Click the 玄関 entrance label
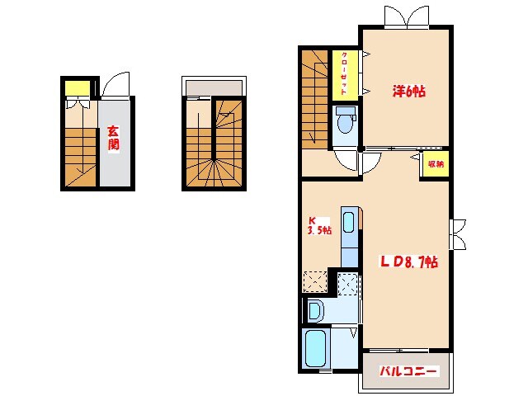pos(114,138)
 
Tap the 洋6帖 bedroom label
pos(408,92)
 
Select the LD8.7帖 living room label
pos(409,262)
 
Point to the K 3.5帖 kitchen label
pos(319,225)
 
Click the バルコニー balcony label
pos(408,371)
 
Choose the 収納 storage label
pos(436,164)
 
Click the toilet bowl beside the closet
pos(345,120)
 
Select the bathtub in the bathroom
pos(315,348)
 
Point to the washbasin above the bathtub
pos(315,311)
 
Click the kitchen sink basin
pos(348,222)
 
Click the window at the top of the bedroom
pos(407,17)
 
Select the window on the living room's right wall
pos(457,234)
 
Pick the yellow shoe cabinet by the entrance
pos(78,88)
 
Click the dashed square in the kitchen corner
pos(315,281)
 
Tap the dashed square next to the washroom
pos(347,284)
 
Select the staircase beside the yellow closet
pos(314,99)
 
